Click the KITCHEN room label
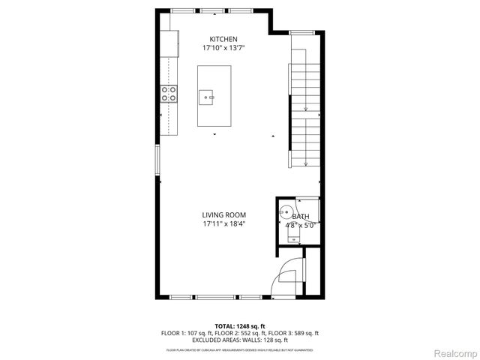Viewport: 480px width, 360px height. point(223,39)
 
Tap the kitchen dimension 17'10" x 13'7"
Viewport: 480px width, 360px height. point(223,48)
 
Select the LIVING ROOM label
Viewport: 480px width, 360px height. point(223,215)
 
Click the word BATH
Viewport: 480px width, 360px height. point(299,217)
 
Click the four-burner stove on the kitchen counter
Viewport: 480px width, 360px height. point(169,94)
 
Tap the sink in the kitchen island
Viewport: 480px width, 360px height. point(208,97)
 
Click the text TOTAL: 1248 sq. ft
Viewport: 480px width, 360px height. point(239,325)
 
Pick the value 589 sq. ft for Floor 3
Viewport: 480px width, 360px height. point(305,333)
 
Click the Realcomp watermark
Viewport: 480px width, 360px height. point(455,353)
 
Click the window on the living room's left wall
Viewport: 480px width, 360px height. point(157,161)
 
